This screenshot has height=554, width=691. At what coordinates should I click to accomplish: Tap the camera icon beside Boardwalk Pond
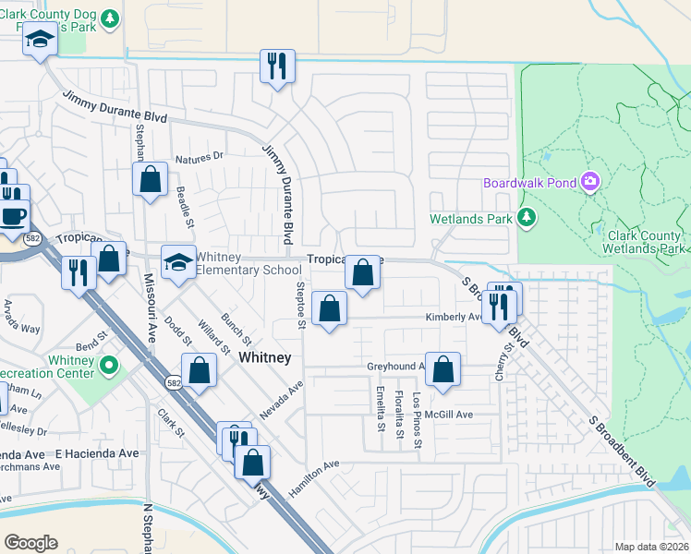[589, 183]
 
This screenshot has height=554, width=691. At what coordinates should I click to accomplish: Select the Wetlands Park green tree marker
[526, 218]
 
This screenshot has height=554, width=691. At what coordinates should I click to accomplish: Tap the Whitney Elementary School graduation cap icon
[175, 261]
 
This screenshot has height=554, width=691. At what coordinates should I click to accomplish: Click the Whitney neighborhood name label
[265, 357]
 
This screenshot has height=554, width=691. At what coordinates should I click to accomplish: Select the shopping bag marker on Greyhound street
[443, 368]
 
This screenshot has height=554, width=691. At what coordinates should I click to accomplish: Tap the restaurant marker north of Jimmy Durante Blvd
[276, 66]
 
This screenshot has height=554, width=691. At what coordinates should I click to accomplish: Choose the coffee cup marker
[13, 216]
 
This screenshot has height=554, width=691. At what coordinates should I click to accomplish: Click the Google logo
[30, 543]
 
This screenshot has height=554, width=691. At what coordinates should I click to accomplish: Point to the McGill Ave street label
[450, 415]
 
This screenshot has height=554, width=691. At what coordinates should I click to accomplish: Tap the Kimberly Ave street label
[453, 317]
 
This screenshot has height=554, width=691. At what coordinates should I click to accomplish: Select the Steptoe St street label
[300, 306]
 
